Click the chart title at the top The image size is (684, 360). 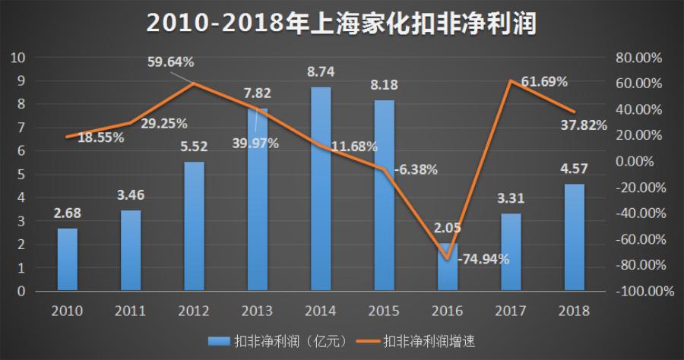coord(341,24)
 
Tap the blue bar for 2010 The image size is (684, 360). coord(68,259)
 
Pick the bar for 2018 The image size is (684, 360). coord(575,237)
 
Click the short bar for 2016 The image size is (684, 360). coord(448,267)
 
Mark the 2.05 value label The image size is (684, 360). coord(448,227)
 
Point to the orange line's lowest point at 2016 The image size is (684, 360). coord(448,258)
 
